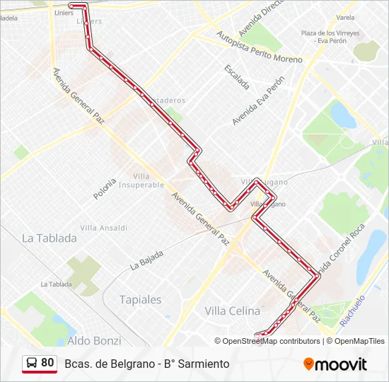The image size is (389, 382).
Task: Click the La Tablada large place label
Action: coord(50,238)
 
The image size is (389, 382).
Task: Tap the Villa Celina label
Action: coord(232,311)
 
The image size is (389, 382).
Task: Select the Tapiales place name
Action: coord(141,299)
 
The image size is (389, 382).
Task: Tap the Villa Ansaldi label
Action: coord(103,228)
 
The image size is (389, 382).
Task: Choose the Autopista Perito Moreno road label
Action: coord(260,47)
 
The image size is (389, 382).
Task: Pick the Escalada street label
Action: coord(236,77)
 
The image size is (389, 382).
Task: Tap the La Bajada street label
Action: coord(146,260)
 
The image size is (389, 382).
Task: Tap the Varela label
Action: coord(346,17)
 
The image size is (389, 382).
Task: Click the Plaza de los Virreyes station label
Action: coord(330,33)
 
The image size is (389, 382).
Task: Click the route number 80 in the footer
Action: coord(47,363)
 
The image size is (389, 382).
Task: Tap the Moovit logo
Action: coord(335,364)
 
